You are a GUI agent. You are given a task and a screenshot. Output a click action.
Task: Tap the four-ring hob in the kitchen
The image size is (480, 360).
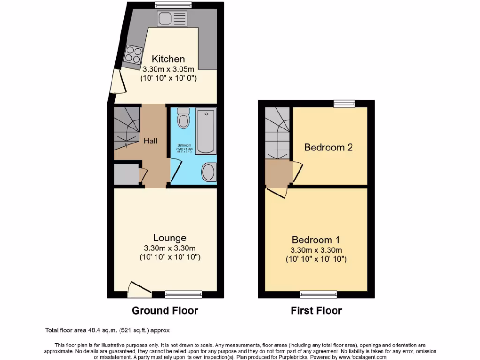[x=133, y=56]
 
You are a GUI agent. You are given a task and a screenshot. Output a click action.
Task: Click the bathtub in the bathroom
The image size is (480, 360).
[x=205, y=132]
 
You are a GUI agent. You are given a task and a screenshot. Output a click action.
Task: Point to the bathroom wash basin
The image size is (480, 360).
[x=209, y=172]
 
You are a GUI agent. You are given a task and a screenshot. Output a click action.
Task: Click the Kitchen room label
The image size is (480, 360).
[x=168, y=59]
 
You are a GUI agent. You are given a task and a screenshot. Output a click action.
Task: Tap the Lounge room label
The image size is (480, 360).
[x=169, y=238]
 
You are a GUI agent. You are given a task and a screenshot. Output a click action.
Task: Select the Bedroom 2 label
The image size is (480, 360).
[x=328, y=147]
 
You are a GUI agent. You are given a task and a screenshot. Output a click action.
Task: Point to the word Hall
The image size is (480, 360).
[x=150, y=141]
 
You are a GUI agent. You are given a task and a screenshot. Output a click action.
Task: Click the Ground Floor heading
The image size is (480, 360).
[x=165, y=310]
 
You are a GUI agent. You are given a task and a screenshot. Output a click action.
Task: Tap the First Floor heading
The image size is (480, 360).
[x=316, y=310]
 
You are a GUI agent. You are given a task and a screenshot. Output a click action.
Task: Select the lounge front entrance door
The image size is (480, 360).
[x=140, y=290]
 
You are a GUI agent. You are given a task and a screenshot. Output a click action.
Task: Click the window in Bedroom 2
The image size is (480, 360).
[x=344, y=104]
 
